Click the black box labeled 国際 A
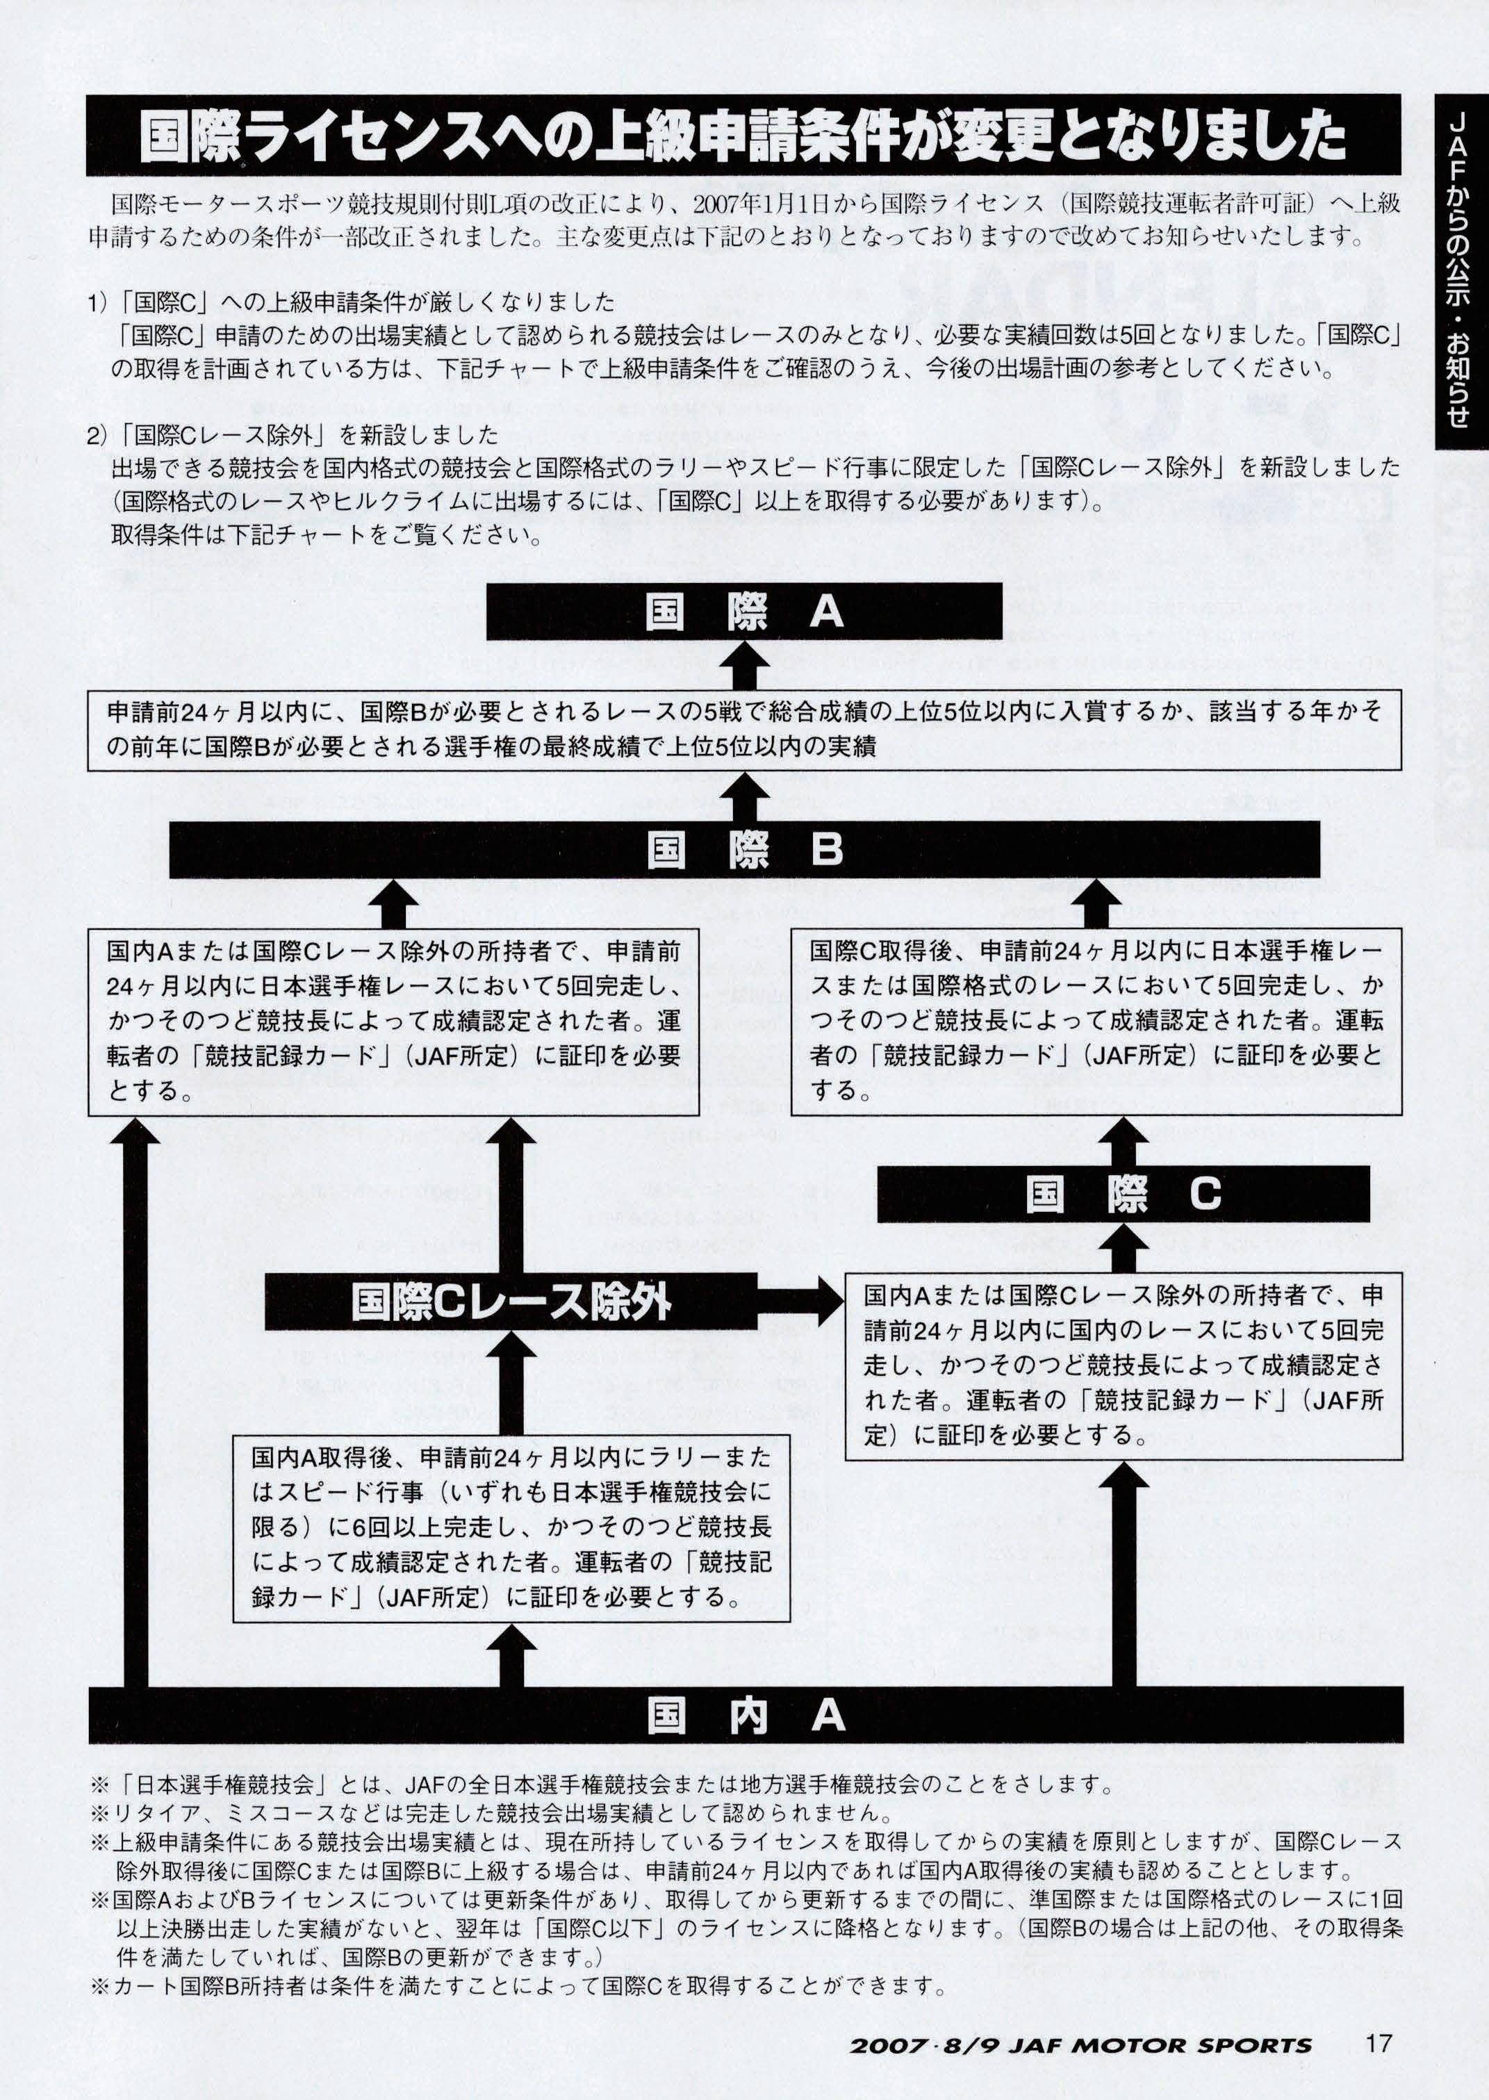[743, 612]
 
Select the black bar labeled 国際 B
[743, 849]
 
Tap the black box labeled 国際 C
[1123, 1193]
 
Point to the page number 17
[1378, 2043]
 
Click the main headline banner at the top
[743, 136]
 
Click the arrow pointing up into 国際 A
[745, 666]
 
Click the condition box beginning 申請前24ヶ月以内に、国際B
[743, 729]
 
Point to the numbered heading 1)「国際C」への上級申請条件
[351, 302]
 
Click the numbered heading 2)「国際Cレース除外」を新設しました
[293, 434]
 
